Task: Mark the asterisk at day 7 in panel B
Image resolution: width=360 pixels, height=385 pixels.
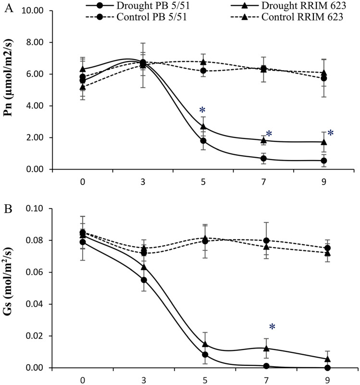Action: point(272,327)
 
